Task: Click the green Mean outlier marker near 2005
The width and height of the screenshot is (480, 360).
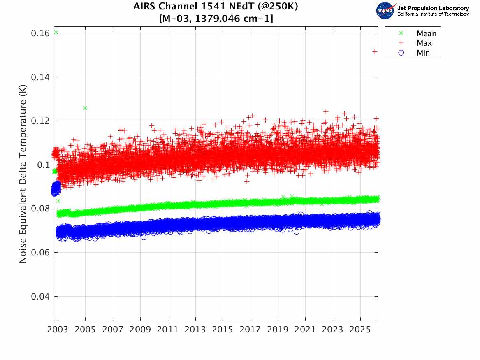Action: tap(85, 108)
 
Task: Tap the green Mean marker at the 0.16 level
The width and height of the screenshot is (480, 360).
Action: tap(56, 32)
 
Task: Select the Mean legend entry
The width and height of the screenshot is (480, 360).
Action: tap(426, 34)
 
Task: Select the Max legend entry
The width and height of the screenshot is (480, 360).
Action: tap(424, 43)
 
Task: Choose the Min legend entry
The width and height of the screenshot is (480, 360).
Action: tap(423, 53)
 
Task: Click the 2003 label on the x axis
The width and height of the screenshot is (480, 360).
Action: tap(58, 330)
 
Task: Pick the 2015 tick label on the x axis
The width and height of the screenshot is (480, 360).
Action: tap(223, 330)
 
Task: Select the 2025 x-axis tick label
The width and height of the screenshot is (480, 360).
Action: tap(360, 330)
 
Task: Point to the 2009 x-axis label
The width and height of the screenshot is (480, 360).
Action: tap(140, 330)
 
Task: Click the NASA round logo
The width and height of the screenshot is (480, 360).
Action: tap(385, 11)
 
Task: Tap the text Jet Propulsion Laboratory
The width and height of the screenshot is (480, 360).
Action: tap(433, 8)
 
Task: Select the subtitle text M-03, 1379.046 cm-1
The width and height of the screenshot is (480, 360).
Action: tap(216, 19)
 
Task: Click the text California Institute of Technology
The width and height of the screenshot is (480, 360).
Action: tap(433, 14)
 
